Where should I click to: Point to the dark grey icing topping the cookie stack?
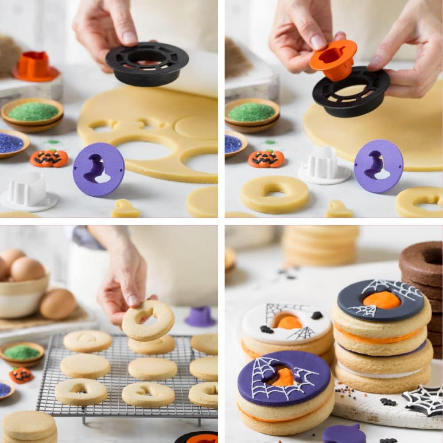(x=380, y=300)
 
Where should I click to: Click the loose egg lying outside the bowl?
(x=58, y=303)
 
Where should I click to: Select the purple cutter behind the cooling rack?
(x=200, y=316)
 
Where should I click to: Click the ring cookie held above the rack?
(x=148, y=320)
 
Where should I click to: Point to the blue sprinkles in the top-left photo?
(x=10, y=143)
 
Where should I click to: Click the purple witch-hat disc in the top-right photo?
(x=378, y=166)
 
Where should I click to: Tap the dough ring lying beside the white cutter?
(x=275, y=194)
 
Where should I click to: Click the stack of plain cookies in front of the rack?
(x=29, y=426)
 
